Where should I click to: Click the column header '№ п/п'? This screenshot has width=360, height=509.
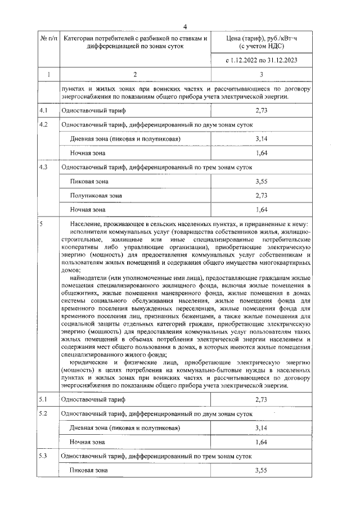click(47, 38)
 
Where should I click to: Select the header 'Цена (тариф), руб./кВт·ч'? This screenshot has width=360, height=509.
click(260, 38)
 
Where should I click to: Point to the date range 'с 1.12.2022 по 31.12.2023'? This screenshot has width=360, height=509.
click(260, 59)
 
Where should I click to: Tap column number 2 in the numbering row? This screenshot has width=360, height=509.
click(134, 74)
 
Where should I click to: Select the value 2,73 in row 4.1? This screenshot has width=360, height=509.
click(260, 111)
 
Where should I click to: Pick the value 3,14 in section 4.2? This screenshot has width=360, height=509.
click(260, 138)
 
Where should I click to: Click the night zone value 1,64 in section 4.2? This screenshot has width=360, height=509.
click(260, 153)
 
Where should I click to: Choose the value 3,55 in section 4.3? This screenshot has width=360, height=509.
click(260, 182)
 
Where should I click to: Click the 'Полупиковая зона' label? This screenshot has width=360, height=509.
click(96, 196)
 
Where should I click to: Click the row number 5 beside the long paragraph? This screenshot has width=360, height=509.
click(42, 224)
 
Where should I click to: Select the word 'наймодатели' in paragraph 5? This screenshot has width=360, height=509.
click(90, 277)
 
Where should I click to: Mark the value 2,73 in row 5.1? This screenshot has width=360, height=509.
click(260, 399)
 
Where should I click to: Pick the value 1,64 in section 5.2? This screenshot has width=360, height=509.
click(260, 442)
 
